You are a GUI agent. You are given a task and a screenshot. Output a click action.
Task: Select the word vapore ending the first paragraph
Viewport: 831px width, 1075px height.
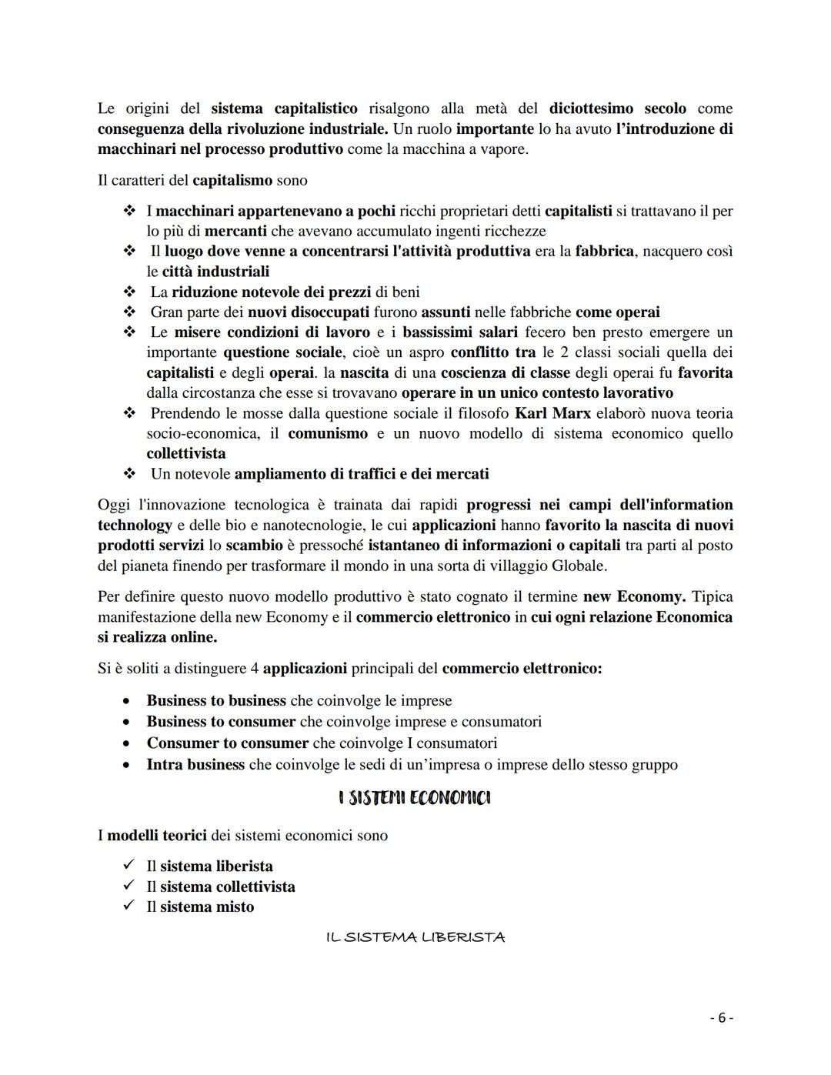point(504,149)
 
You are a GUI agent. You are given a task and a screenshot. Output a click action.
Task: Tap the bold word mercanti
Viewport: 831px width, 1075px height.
point(235,231)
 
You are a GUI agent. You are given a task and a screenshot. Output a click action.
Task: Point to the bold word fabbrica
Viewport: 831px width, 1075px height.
point(605,252)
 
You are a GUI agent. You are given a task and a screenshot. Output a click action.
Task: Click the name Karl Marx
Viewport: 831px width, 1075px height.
point(552,413)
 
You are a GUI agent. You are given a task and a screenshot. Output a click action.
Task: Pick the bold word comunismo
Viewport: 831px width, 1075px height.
point(328,433)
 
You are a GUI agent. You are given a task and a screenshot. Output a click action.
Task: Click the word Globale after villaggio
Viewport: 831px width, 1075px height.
point(577,566)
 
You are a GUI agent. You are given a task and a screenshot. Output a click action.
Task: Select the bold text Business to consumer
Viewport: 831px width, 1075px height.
point(221,722)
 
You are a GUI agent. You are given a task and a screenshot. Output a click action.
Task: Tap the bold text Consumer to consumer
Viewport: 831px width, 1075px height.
point(227,743)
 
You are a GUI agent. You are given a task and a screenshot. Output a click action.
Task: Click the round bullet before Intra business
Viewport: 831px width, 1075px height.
point(126,765)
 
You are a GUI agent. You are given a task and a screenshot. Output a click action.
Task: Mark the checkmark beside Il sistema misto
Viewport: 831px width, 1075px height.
point(128,906)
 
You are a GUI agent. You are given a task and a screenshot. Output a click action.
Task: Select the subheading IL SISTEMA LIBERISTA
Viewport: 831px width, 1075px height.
point(415,937)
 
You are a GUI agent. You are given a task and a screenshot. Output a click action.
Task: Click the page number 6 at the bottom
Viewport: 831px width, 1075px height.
point(721,1018)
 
